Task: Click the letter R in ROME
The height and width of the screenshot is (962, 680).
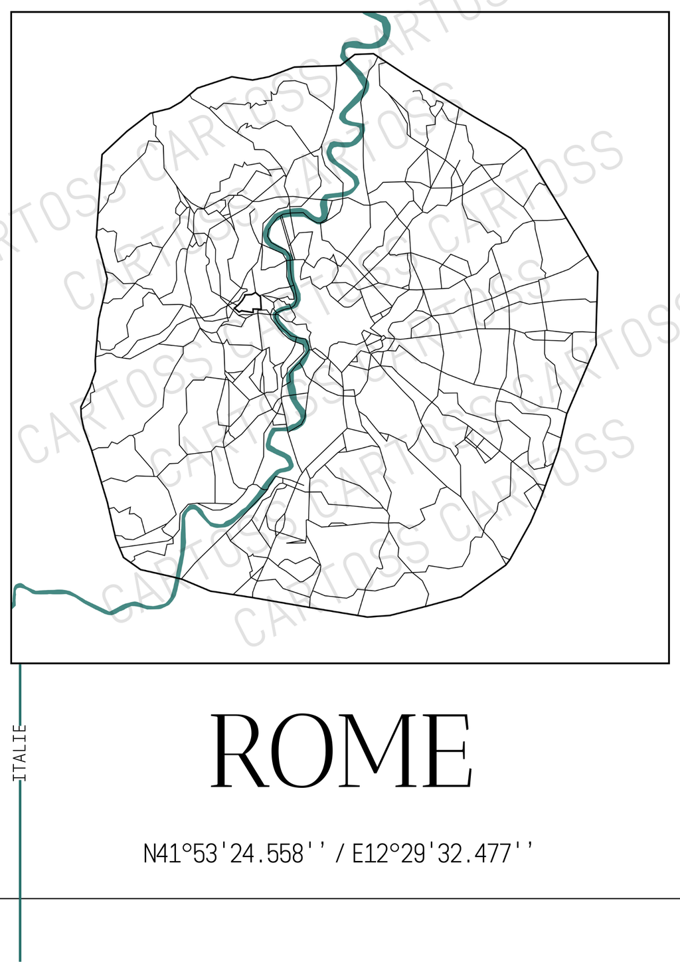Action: point(240,751)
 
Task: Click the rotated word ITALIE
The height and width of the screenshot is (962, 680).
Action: point(21,752)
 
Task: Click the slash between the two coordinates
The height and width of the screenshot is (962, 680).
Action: point(340,853)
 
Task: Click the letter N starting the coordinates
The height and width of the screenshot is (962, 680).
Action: point(151,853)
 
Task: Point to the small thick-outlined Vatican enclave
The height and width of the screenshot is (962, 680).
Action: point(250,302)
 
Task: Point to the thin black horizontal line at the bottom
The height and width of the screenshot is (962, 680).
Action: point(398,898)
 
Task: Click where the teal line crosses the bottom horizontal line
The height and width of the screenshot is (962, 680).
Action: point(21,898)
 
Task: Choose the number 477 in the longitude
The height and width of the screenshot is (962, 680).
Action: point(493,853)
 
